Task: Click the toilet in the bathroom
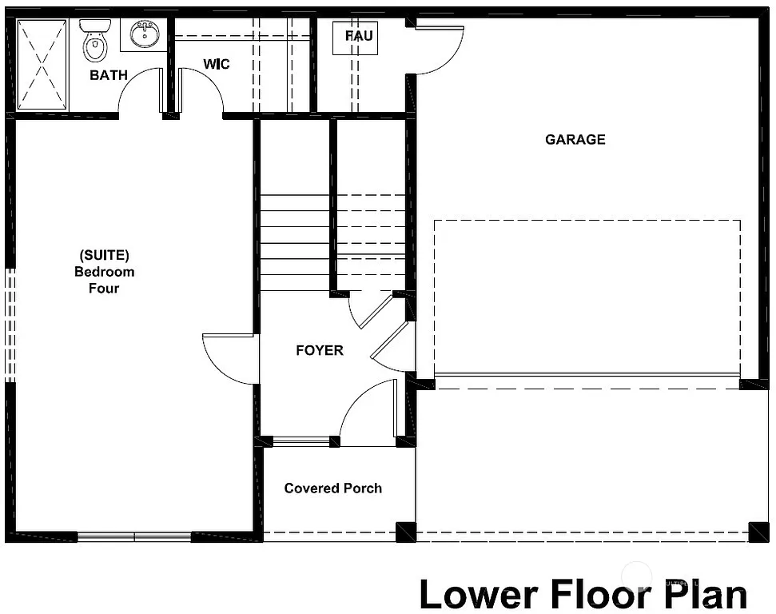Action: [95, 42]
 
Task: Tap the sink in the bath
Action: [145, 34]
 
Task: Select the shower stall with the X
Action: [42, 64]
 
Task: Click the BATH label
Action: [109, 76]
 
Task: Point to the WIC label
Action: [216, 64]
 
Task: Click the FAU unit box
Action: [359, 37]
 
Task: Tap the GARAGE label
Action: [575, 140]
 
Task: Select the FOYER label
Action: [320, 350]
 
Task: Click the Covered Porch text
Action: [332, 488]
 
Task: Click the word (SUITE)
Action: [104, 255]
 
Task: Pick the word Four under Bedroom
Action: [104, 289]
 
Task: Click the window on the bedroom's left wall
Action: [10, 324]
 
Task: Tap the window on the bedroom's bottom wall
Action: [134, 536]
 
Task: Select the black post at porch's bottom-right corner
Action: [406, 532]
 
